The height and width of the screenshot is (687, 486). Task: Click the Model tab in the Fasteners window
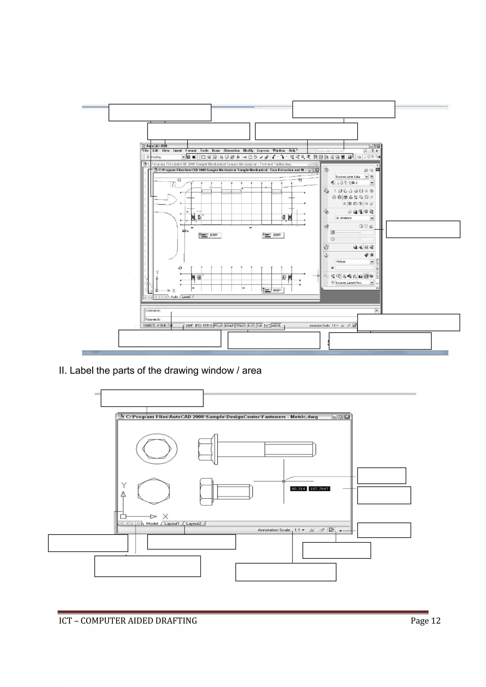click(x=152, y=523)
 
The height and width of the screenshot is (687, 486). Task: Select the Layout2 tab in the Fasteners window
click(x=194, y=523)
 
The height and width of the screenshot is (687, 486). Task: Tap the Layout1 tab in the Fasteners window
click(x=172, y=523)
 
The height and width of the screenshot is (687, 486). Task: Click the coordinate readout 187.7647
click(x=319, y=489)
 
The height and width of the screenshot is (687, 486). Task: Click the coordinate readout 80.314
click(x=298, y=489)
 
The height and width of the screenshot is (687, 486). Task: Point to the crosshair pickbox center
click(x=284, y=481)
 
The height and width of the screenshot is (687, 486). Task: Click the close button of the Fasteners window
click(x=347, y=417)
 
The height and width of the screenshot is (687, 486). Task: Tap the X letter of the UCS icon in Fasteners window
click(x=165, y=516)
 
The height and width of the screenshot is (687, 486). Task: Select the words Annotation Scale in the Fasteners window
click(x=274, y=530)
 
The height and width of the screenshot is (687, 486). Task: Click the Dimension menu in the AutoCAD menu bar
click(x=232, y=150)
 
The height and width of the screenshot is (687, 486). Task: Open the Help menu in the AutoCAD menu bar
click(x=292, y=150)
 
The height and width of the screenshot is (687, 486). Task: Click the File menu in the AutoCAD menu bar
click(x=146, y=150)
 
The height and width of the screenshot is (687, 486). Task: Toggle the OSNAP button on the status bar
click(x=229, y=325)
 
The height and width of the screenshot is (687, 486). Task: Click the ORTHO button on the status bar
click(x=208, y=325)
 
